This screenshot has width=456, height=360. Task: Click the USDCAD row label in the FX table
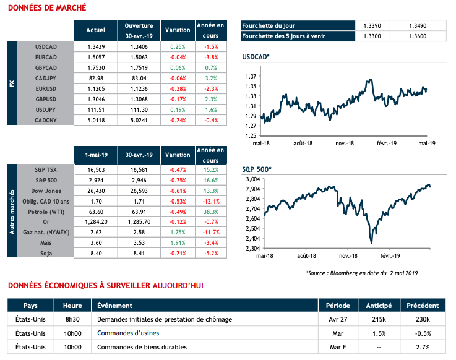click(46, 46)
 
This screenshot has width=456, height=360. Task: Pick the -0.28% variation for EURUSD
click(178, 88)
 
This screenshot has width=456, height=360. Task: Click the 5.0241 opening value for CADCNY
click(139, 121)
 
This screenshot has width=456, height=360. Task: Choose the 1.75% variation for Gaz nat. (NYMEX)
click(178, 232)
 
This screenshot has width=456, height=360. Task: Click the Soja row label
click(46, 253)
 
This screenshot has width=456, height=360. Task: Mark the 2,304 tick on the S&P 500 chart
click(250, 248)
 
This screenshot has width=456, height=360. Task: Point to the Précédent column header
click(423, 306)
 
